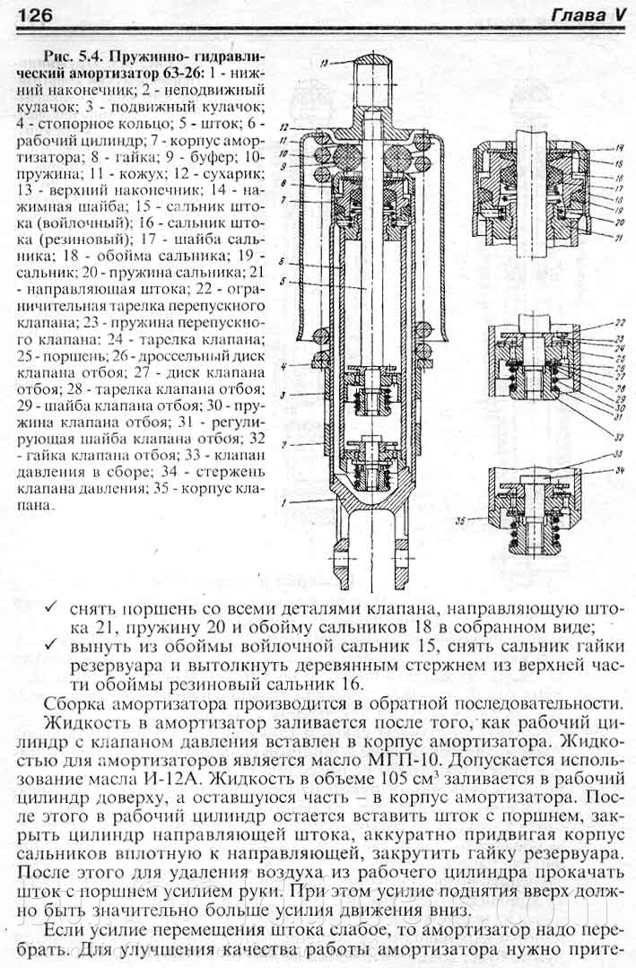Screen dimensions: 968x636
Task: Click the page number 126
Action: point(34,15)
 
